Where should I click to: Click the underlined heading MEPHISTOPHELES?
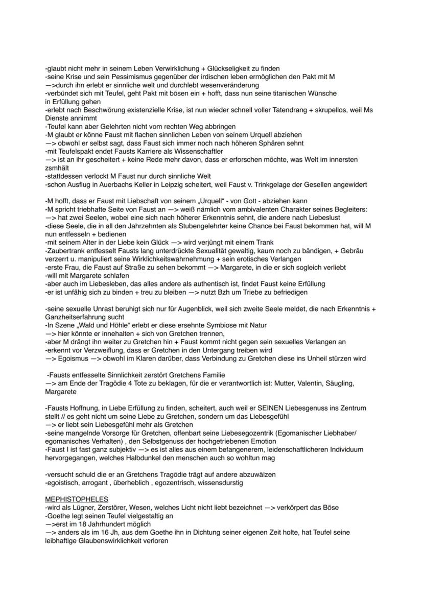click(x=76, y=499)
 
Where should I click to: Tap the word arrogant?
click(x=91, y=483)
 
